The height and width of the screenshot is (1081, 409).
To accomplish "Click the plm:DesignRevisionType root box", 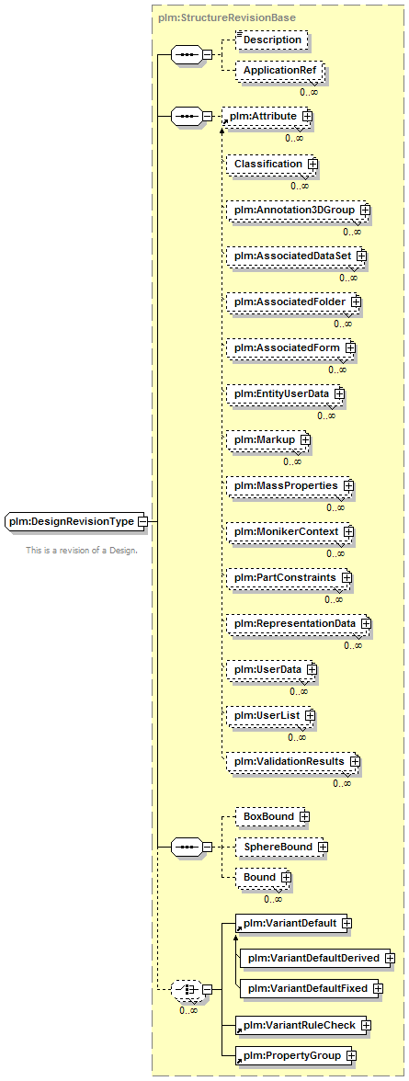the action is click(x=74, y=521).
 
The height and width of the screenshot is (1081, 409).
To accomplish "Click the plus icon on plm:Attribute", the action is click(x=306, y=117).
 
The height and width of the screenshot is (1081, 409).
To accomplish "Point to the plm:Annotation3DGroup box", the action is click(x=298, y=210).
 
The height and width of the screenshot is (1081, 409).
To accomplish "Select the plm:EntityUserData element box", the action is click(x=285, y=393).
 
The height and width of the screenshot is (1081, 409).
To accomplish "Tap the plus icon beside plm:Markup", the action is click(x=302, y=439).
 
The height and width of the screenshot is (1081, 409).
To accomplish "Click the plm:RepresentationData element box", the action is click(x=298, y=623).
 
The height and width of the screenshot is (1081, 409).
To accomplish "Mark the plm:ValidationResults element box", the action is click(x=293, y=761).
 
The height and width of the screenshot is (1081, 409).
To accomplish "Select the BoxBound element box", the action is click(x=272, y=816).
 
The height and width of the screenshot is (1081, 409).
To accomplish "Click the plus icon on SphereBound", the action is click(x=322, y=846).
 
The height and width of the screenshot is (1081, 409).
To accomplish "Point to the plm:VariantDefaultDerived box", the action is click(x=316, y=958).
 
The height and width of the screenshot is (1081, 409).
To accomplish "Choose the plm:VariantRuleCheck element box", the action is click(x=302, y=1025).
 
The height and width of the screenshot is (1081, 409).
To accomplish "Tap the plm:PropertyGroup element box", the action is click(x=296, y=1055).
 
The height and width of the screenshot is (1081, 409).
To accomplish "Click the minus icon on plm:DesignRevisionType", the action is click(x=142, y=522).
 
